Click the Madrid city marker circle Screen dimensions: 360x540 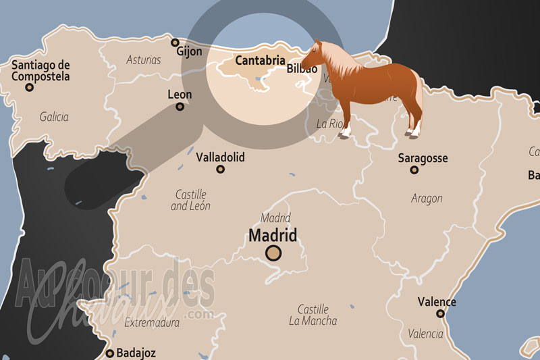coord(273,253)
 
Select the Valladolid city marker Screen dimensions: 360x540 coord(220,170)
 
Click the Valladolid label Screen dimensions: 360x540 coord(220,157)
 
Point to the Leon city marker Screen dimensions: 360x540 coord(180,107)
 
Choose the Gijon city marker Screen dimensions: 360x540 coord(175,42)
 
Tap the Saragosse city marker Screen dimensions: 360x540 coord(414,170)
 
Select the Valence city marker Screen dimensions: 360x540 coord(440,313)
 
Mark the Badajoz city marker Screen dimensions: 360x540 coord(110,353)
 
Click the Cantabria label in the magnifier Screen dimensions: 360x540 coord(260,60)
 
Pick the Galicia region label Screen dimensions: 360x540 coord(54,117)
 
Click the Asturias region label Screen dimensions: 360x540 coord(144,59)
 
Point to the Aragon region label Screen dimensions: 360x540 coord(427,198)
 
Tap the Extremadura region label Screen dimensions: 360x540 coord(152,323)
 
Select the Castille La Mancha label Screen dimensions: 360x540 coord(313,314)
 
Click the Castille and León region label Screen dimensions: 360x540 coord(190,200)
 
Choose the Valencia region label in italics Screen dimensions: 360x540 coord(425,334)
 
